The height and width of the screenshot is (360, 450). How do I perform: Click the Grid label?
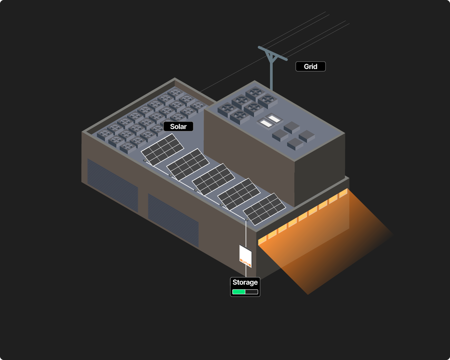pos(310,67)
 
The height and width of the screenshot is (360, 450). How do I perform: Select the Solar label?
pos(178,127)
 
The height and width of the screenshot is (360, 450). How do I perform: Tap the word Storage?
pos(245,282)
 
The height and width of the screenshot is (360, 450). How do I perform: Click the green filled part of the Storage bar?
pos(239,292)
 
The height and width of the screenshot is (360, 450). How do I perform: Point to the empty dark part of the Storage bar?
pos(252,292)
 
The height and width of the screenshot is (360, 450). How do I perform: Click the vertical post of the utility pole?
pos(272,77)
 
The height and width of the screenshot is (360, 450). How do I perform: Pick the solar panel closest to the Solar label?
pos(162,150)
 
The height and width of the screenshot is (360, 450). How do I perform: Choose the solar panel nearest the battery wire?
pos(264,209)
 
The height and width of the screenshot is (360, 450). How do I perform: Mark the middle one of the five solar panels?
pos(213,179)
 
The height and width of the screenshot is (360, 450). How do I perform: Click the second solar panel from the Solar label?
pos(188,164)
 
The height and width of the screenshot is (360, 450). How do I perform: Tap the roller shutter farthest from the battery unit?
pos(112,185)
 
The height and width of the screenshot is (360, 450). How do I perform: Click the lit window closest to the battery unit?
pos(263,239)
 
